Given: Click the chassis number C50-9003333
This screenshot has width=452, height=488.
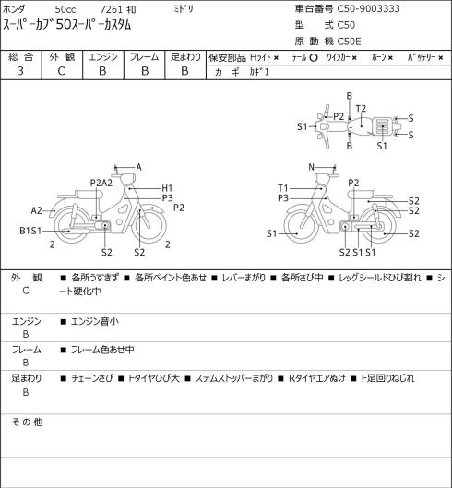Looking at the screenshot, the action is [369, 9].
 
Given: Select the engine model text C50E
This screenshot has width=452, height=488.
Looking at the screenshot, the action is [349, 42].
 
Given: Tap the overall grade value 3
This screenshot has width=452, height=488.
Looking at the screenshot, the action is [20, 71].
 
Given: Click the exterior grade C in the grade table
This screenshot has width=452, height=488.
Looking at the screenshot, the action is [61, 71].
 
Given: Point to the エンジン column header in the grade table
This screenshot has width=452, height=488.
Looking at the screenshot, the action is [103, 57].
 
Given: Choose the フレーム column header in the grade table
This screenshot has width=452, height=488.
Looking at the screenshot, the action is [144, 57].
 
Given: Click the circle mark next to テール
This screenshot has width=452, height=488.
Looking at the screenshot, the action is [314, 58].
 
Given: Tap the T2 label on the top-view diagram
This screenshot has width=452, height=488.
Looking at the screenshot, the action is [361, 109].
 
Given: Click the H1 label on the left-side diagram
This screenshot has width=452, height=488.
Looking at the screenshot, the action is [167, 188].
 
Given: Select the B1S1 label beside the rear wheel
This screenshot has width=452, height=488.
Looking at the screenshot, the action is [30, 231].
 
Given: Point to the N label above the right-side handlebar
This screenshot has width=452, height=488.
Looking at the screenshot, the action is [311, 168].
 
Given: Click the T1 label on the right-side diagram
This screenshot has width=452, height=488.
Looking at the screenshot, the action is [283, 188].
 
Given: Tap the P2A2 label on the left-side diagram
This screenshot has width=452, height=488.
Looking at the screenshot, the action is [101, 183].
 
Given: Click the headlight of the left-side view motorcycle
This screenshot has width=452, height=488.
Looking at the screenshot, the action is [127, 180].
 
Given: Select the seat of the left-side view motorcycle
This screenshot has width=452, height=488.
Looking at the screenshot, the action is [89, 195].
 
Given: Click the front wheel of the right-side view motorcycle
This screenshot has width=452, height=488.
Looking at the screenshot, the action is [302, 226].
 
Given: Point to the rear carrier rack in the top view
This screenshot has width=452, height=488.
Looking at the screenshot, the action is [382, 126].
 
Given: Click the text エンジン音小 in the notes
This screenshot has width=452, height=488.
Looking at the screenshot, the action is [95, 321].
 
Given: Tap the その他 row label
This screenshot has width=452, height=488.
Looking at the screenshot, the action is [27, 423].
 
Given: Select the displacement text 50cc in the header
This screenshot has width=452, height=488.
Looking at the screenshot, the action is [65, 9].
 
